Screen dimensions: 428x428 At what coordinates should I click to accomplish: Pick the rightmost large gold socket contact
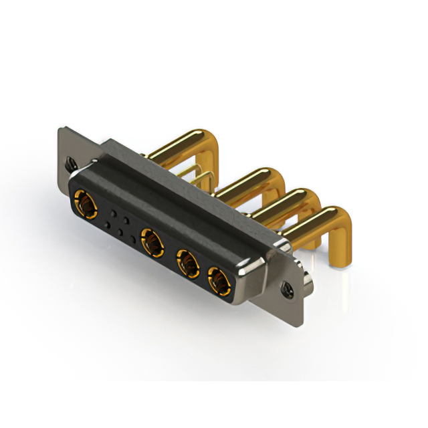coord(218,282)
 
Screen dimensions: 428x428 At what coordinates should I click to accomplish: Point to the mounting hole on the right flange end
coord(288,290)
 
